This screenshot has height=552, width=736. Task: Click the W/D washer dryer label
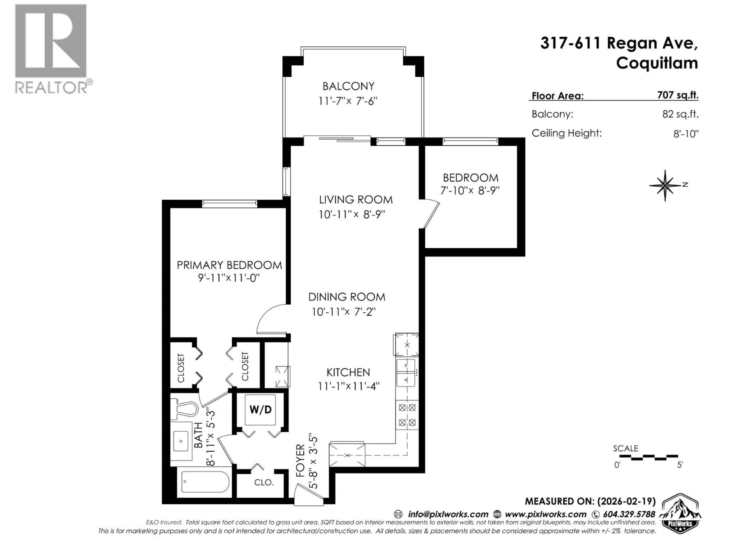point(260,410)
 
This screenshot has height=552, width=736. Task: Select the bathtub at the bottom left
point(205,482)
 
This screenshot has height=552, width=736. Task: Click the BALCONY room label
point(348,86)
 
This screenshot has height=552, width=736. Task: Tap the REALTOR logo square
point(51,41)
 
